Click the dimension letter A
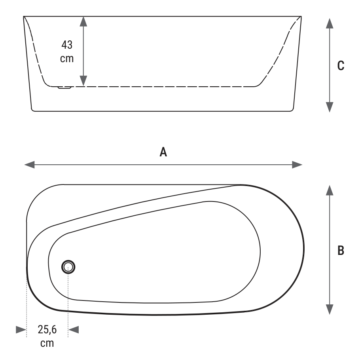(163, 152)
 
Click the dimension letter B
(341, 250)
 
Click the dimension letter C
(341, 66)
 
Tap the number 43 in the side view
(67, 45)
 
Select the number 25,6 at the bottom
(47, 329)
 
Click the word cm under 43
(67, 59)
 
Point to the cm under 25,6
(47, 343)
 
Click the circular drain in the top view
(68, 267)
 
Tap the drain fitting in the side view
(65, 87)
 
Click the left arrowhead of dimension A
(29, 165)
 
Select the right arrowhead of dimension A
(297, 165)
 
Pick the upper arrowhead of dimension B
(330, 190)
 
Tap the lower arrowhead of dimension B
(330, 310)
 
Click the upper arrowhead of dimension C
(330, 23)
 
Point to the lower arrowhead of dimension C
(330, 107)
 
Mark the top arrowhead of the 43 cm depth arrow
(83, 21)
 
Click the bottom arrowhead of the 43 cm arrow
(83, 81)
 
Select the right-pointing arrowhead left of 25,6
(21, 330)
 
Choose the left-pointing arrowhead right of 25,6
(74, 330)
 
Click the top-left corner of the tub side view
(24, 16)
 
